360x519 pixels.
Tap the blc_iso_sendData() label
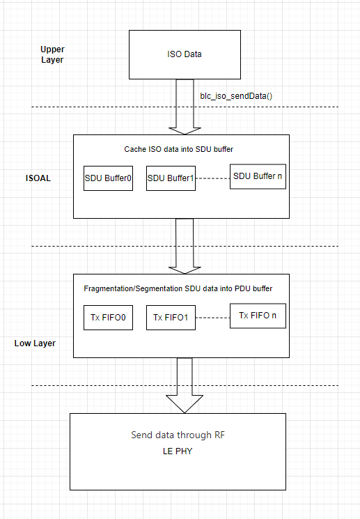coord(235,93)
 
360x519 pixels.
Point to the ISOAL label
coord(38,178)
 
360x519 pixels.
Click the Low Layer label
coord(35,343)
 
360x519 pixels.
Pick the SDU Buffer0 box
coord(108,178)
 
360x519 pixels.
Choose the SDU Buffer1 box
coord(171,178)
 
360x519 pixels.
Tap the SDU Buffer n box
coord(258,176)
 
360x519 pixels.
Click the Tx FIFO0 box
coord(108,317)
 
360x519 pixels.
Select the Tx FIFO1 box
coord(171,317)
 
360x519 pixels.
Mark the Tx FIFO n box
coord(258,316)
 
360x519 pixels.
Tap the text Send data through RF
coord(178,435)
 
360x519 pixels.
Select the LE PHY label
coord(178,451)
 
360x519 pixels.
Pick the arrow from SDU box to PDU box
coord(185,247)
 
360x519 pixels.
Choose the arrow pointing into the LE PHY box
coord(185,387)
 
